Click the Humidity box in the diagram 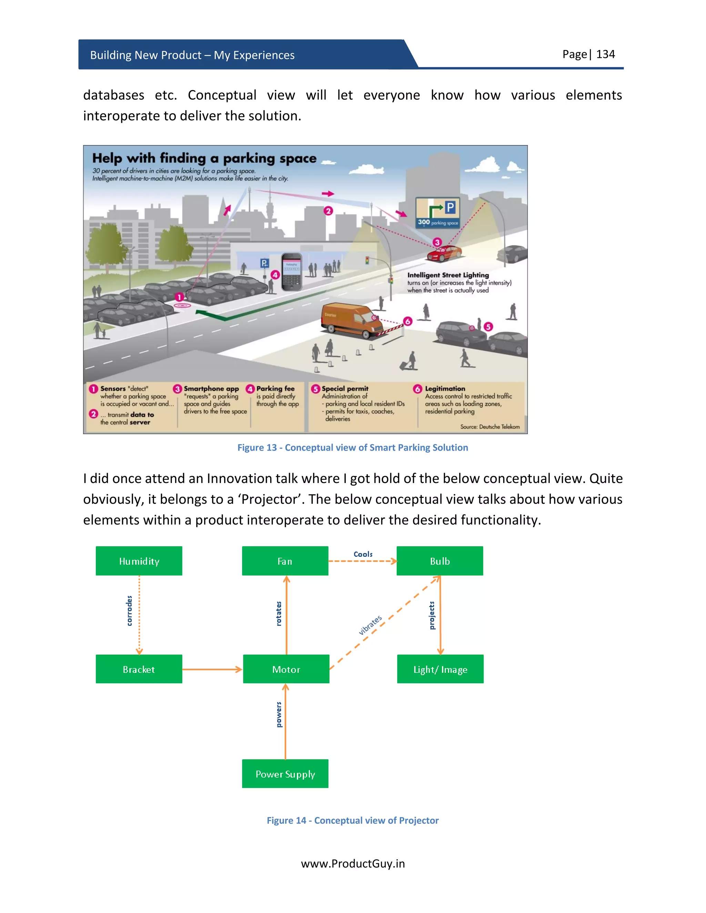pyautogui.click(x=139, y=561)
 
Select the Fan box pyautogui.click(x=285, y=561)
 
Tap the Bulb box pyautogui.click(x=440, y=561)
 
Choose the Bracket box pyautogui.click(x=139, y=669)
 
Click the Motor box pyautogui.click(x=286, y=669)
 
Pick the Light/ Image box pyautogui.click(x=440, y=669)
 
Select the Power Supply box pyautogui.click(x=285, y=774)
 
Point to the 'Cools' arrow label pyautogui.click(x=363, y=554)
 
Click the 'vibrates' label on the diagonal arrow pyautogui.click(x=370, y=625)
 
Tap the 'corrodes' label pyautogui.click(x=129, y=611)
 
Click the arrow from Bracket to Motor pyautogui.click(x=212, y=669)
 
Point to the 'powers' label pyautogui.click(x=279, y=715)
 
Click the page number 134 pyautogui.click(x=605, y=54)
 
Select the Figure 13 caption pyautogui.click(x=353, y=447)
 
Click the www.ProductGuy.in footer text pyautogui.click(x=353, y=863)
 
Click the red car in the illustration pyautogui.click(x=444, y=253)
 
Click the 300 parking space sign pyautogui.click(x=437, y=212)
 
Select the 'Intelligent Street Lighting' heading pyautogui.click(x=448, y=275)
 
